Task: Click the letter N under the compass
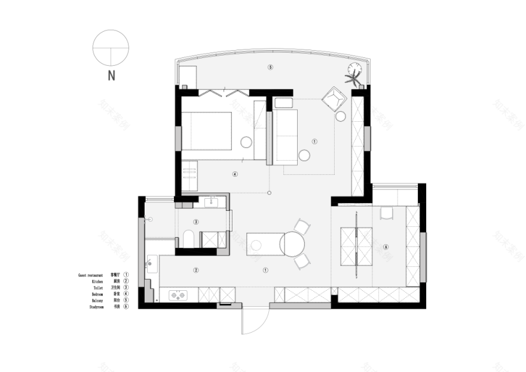(111, 75)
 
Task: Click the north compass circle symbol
(111, 47)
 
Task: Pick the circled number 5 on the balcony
(270, 67)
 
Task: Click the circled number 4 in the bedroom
(235, 175)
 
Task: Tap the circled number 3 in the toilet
(195, 222)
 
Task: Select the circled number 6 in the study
(386, 247)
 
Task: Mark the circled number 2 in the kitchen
(195, 270)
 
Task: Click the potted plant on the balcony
(354, 75)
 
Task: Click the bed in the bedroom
(206, 130)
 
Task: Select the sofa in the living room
(286, 137)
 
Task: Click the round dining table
(293, 243)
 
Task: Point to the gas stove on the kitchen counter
(178, 294)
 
